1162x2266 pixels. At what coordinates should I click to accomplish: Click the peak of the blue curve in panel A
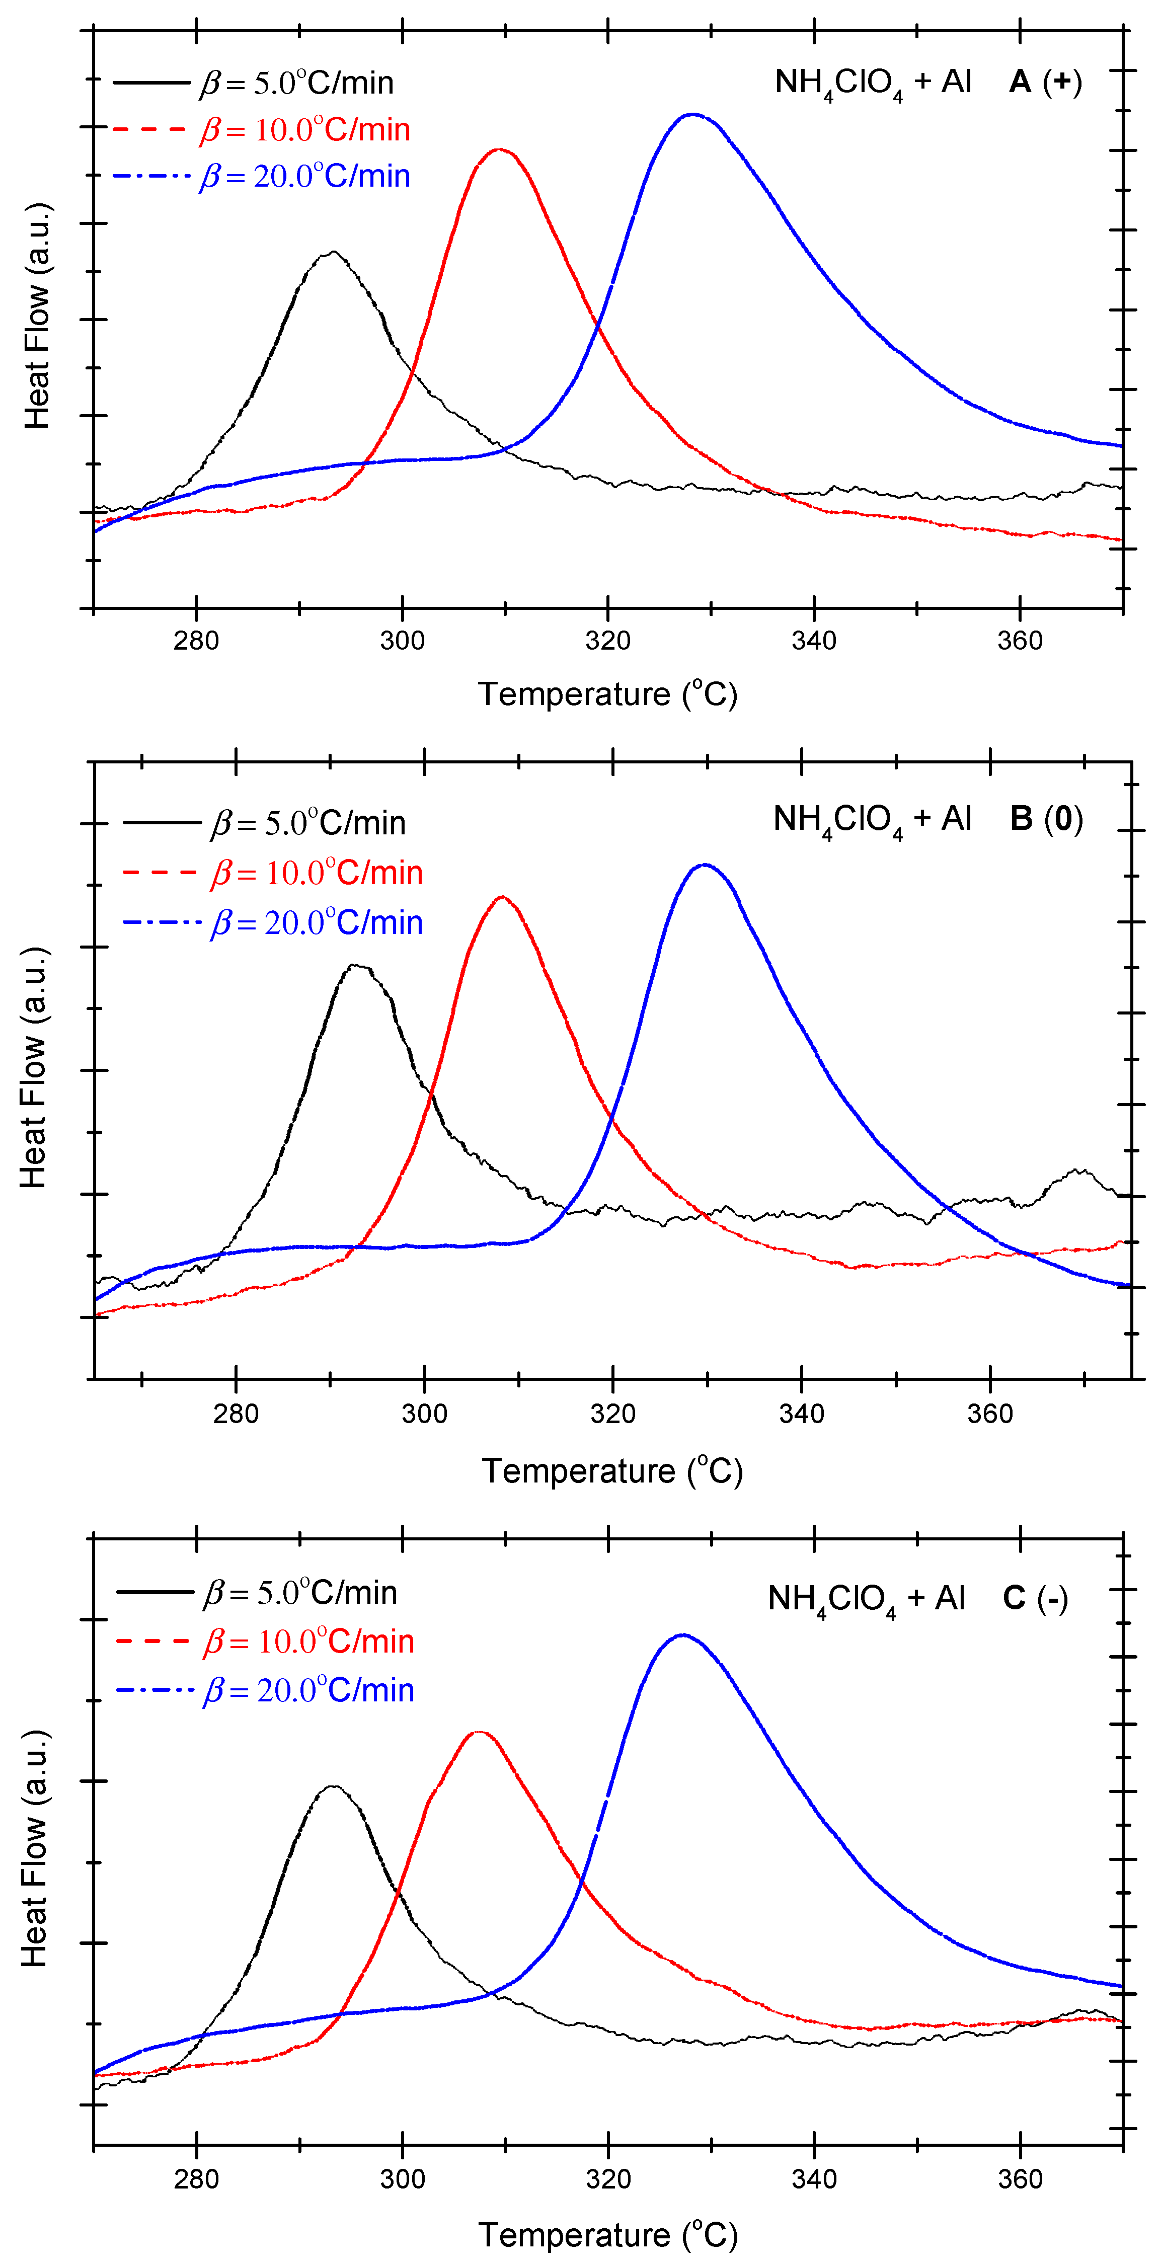click(693, 114)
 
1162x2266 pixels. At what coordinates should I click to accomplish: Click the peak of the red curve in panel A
click(500, 149)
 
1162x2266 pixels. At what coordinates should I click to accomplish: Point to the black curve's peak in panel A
click(333, 253)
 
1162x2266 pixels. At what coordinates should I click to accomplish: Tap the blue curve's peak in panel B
click(705, 865)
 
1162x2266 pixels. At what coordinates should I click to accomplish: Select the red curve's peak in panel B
click(501, 897)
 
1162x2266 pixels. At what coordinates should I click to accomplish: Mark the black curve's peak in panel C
click(333, 1786)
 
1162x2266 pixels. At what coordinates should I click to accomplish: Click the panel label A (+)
click(1045, 82)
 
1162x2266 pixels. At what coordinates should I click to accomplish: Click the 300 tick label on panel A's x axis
click(402, 641)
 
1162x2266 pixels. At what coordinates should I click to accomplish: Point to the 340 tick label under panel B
click(801, 1414)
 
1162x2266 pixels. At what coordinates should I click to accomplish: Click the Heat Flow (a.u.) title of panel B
click(33, 1068)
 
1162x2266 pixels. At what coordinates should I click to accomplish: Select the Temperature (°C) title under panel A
click(607, 694)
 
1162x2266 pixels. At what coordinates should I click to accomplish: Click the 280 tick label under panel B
click(236, 1414)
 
